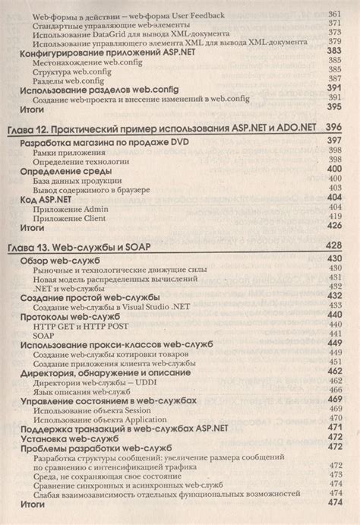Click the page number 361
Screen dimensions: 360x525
[x=334, y=14]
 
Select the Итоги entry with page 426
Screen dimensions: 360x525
[x=35, y=226]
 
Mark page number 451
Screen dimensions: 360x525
[x=334, y=362]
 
